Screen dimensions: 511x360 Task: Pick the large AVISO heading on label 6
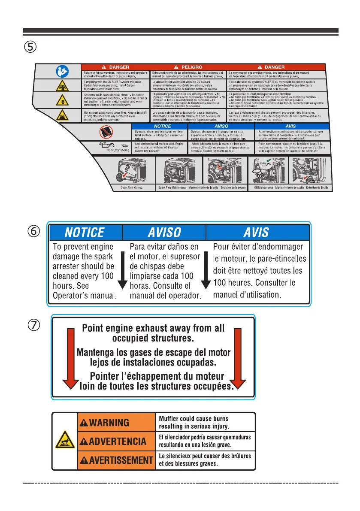tap(164, 233)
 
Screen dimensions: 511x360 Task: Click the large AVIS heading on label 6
tap(256, 233)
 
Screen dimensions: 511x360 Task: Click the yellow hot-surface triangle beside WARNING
tap(64, 441)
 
